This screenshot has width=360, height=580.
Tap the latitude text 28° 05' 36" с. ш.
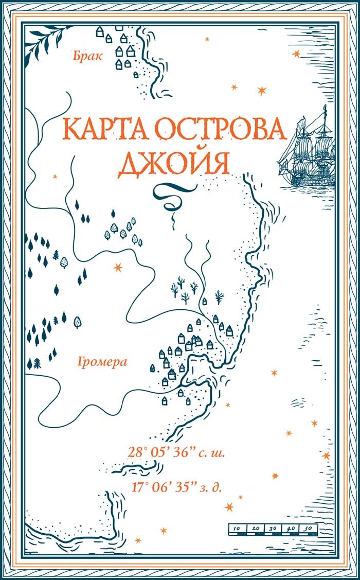pos(176,453)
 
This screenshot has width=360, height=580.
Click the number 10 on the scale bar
pos(237,529)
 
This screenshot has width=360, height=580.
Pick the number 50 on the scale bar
pos(307,529)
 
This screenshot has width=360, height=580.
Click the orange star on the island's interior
pos(118,267)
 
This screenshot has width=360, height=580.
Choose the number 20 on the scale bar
pos(255,529)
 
